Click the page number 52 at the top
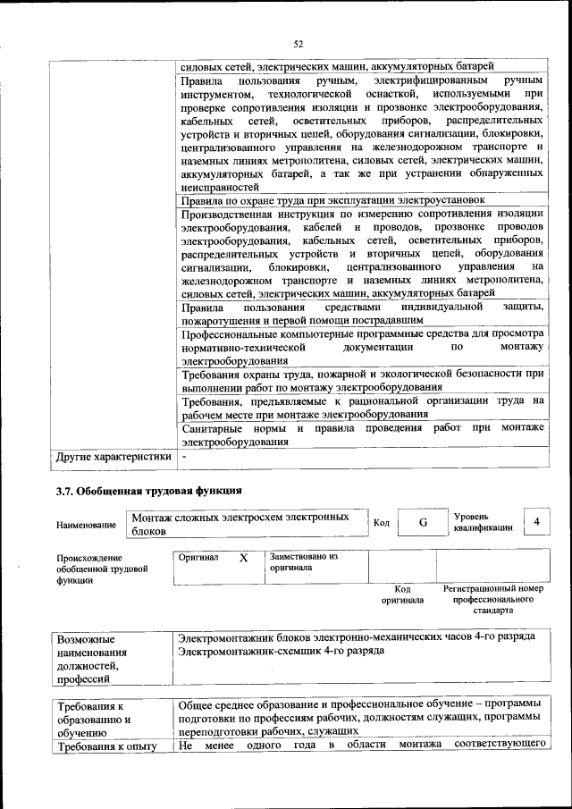pyautogui.click(x=299, y=44)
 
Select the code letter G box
pyautogui.click(x=420, y=523)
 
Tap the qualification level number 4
pyautogui.click(x=535, y=521)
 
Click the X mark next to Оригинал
pyautogui.click(x=242, y=557)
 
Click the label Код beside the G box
pyautogui.click(x=382, y=523)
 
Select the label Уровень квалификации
pyautogui.click(x=483, y=522)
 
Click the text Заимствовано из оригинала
pyautogui.click(x=303, y=561)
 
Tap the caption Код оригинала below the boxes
pyautogui.click(x=402, y=594)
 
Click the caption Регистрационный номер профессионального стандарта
pyautogui.click(x=492, y=600)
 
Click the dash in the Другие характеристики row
pyautogui.click(x=184, y=456)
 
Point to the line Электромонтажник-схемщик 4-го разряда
pyautogui.click(x=282, y=651)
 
